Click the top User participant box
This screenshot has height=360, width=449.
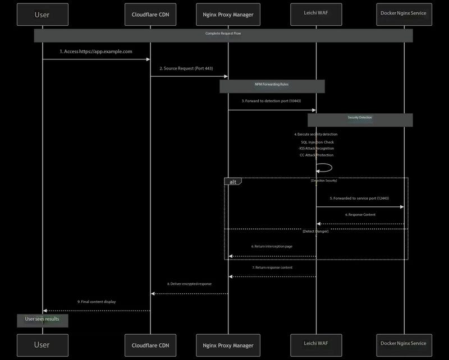tap(43, 14)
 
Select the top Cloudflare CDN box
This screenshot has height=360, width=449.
tap(150, 14)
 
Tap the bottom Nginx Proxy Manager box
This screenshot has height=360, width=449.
tap(228, 345)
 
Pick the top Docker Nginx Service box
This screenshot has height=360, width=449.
tap(404, 14)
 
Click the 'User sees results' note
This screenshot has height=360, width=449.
tap(42, 320)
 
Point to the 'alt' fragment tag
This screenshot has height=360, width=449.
tap(232, 182)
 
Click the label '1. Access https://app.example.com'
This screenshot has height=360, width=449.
tap(96, 52)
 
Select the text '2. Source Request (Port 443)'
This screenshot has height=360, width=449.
tap(189, 68)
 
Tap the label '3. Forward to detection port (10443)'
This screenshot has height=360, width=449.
tap(272, 101)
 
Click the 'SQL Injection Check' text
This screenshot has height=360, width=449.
tap(317, 142)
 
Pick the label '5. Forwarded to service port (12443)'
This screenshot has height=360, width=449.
tap(359, 199)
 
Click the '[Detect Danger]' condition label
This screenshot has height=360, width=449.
tap(315, 231)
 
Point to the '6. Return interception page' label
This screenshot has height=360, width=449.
tap(272, 247)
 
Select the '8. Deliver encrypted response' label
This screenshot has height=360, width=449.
tap(189, 284)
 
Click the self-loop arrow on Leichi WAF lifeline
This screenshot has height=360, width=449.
tap(326, 167)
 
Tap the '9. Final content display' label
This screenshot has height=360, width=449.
tap(97, 302)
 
